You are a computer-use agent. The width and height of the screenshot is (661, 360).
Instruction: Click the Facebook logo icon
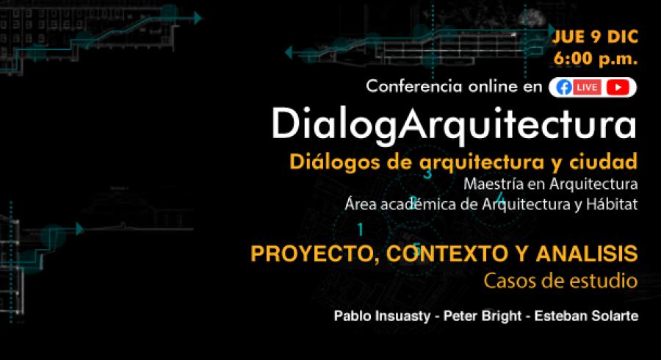point(564,87)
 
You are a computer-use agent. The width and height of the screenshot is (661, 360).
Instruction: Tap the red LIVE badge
point(587,87)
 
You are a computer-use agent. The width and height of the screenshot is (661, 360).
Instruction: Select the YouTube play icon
point(618,87)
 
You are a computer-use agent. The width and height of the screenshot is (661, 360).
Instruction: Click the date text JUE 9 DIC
point(595,37)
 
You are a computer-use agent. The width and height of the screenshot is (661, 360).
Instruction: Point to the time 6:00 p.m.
point(595,58)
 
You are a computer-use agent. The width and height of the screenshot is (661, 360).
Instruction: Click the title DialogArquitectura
point(454,124)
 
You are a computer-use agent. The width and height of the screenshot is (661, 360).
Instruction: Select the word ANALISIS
point(587,253)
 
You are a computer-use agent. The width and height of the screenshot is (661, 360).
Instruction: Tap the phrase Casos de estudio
point(560,281)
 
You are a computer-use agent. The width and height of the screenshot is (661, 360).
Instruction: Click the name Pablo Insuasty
point(382,316)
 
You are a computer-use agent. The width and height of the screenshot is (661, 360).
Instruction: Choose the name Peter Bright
point(483,316)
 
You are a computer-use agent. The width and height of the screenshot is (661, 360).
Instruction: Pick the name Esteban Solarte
point(586,316)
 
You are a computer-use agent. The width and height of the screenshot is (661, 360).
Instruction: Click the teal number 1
point(360,229)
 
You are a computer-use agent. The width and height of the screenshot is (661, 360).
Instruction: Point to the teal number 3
point(428,173)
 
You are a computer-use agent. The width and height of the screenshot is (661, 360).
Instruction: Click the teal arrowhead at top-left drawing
point(198,18)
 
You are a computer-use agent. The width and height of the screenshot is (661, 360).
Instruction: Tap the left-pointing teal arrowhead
point(289,53)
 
